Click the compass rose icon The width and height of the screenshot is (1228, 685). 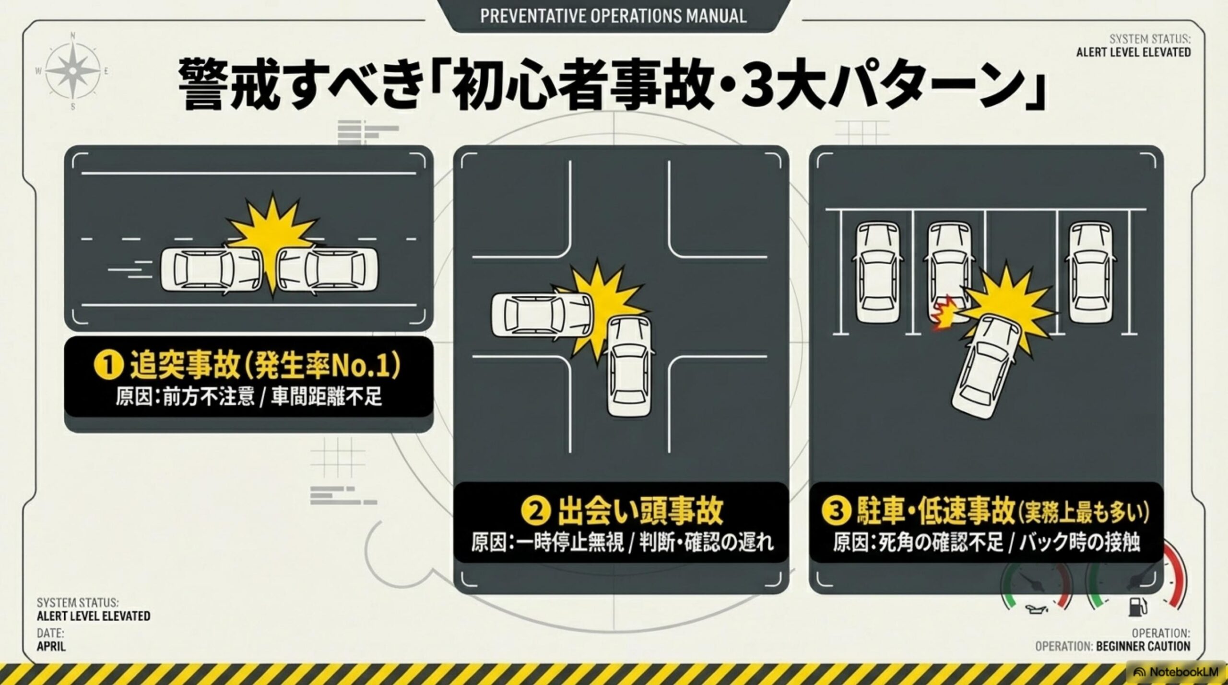(72, 71)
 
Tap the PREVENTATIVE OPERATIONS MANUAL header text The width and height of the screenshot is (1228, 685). (613, 16)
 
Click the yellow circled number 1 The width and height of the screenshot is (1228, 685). (109, 365)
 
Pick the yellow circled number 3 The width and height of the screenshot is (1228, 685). (837, 511)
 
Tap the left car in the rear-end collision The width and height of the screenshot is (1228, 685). (210, 269)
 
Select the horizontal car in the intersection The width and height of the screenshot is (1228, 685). (542, 315)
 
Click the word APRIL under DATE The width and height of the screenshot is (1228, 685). (51, 646)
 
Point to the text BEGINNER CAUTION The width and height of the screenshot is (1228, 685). (1143, 646)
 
